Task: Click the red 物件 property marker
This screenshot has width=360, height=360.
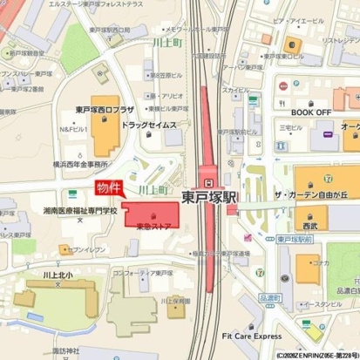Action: point(108,188)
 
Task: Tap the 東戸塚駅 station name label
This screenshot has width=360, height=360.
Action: point(209,198)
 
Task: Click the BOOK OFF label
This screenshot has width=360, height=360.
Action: point(310,112)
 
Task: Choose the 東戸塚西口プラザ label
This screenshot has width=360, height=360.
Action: point(105,112)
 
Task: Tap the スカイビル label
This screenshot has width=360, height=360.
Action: point(236,90)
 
